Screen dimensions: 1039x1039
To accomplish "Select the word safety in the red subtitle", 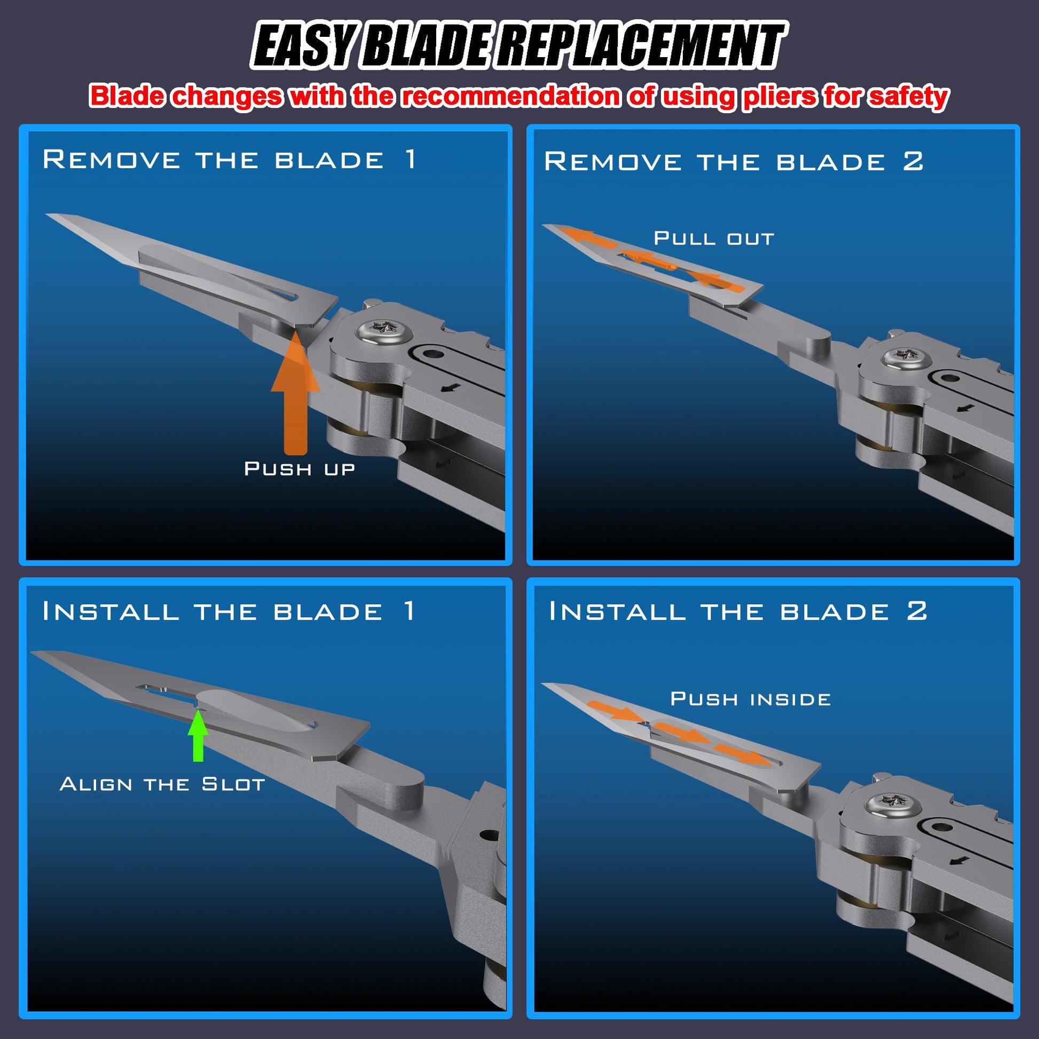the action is pos(909,97).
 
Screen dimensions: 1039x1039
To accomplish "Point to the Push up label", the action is pos(300,469).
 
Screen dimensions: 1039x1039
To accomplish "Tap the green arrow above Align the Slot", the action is pos(198,735).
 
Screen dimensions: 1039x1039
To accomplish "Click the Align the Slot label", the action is pos(162,784).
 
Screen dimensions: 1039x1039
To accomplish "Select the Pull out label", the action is pos(714,238).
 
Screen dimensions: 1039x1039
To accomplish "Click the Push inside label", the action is pos(750,699).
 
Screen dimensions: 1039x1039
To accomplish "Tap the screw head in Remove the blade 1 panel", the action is pos(383,329).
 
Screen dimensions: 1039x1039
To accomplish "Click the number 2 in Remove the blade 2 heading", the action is pos(913,161).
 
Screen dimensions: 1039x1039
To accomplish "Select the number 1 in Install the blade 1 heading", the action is pos(410,611).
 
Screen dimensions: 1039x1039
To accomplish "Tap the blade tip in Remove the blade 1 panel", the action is pos(46,215).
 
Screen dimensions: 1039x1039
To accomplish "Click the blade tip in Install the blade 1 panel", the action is pos(32,653).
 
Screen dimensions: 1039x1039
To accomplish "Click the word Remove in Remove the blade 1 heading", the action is pos(111,159).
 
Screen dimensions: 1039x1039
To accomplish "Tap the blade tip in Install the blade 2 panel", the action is pos(543,684).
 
